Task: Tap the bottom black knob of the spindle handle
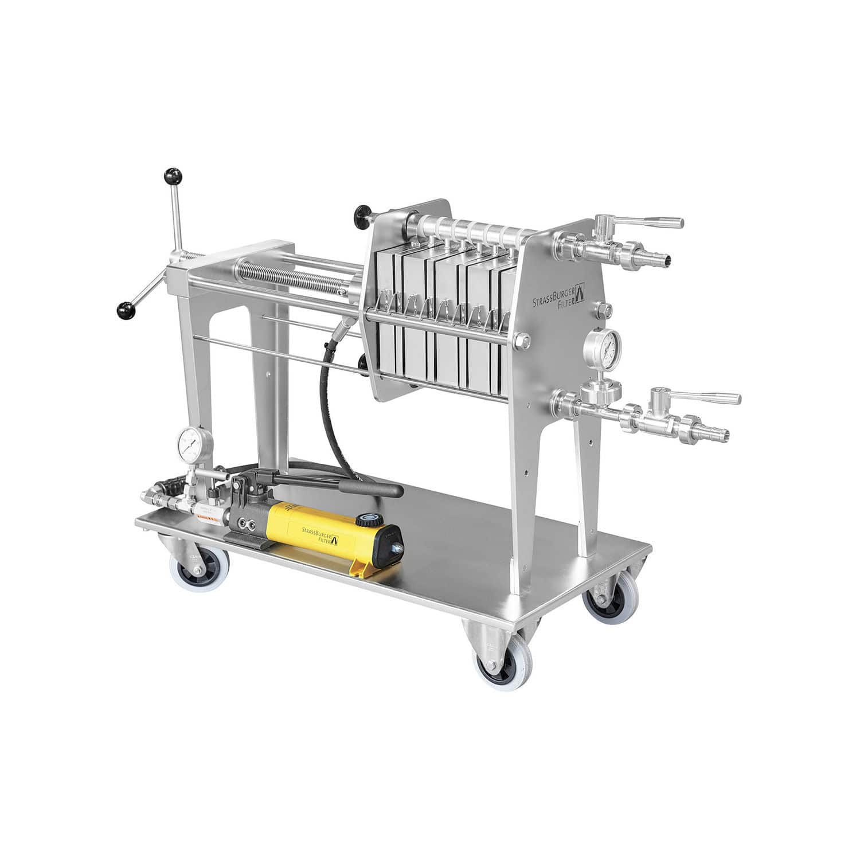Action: (126, 310)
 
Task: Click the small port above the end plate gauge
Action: (604, 310)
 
